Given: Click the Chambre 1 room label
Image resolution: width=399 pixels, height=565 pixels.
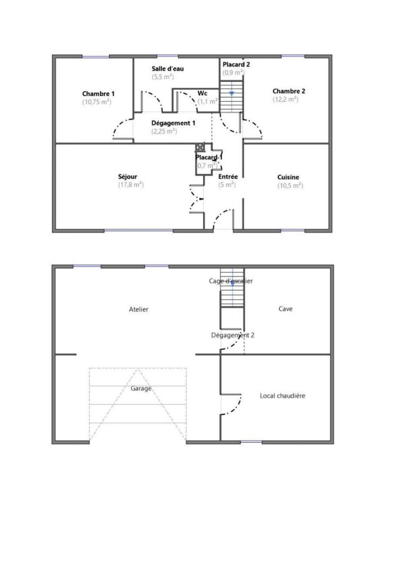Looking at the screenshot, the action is pyautogui.click(x=98, y=94).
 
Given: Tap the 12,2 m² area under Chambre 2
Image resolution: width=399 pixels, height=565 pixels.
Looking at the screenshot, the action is pyautogui.click(x=285, y=99).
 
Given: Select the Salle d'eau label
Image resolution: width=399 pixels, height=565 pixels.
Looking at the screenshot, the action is pyautogui.click(x=168, y=69).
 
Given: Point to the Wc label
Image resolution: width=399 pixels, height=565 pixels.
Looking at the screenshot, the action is pyautogui.click(x=202, y=93).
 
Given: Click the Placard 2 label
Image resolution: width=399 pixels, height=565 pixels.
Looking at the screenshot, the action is pyautogui.click(x=236, y=64).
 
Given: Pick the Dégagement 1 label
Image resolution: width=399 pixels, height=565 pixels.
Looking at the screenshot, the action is pyautogui.click(x=173, y=123).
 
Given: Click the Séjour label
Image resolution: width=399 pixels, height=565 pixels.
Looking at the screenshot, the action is pyautogui.click(x=128, y=177).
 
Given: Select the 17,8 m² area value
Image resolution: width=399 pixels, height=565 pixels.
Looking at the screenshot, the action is pyautogui.click(x=131, y=185).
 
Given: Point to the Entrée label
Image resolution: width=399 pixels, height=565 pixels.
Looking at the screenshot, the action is pyautogui.click(x=228, y=177).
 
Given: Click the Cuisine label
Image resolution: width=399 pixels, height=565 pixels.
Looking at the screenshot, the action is pyautogui.click(x=288, y=177).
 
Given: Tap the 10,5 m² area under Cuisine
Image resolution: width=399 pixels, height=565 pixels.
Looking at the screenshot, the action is pyautogui.click(x=290, y=185).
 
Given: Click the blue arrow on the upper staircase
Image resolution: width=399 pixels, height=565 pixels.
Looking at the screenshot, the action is pyautogui.click(x=232, y=94).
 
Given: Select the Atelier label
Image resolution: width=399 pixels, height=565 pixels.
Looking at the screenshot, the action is pyautogui.click(x=139, y=309).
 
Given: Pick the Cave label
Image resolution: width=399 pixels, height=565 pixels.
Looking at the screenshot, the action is pyautogui.click(x=285, y=309).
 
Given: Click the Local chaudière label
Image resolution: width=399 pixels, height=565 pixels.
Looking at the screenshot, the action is pyautogui.click(x=282, y=396).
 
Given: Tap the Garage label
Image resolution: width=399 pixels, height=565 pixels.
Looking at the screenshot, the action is pyautogui.click(x=141, y=389).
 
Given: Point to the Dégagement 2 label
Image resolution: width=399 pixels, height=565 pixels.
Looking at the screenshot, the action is pyautogui.click(x=233, y=335).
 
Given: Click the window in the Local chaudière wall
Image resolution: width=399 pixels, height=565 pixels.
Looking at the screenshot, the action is pyautogui.click(x=251, y=442).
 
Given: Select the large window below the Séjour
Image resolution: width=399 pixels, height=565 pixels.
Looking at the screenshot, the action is pyautogui.click(x=139, y=231).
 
